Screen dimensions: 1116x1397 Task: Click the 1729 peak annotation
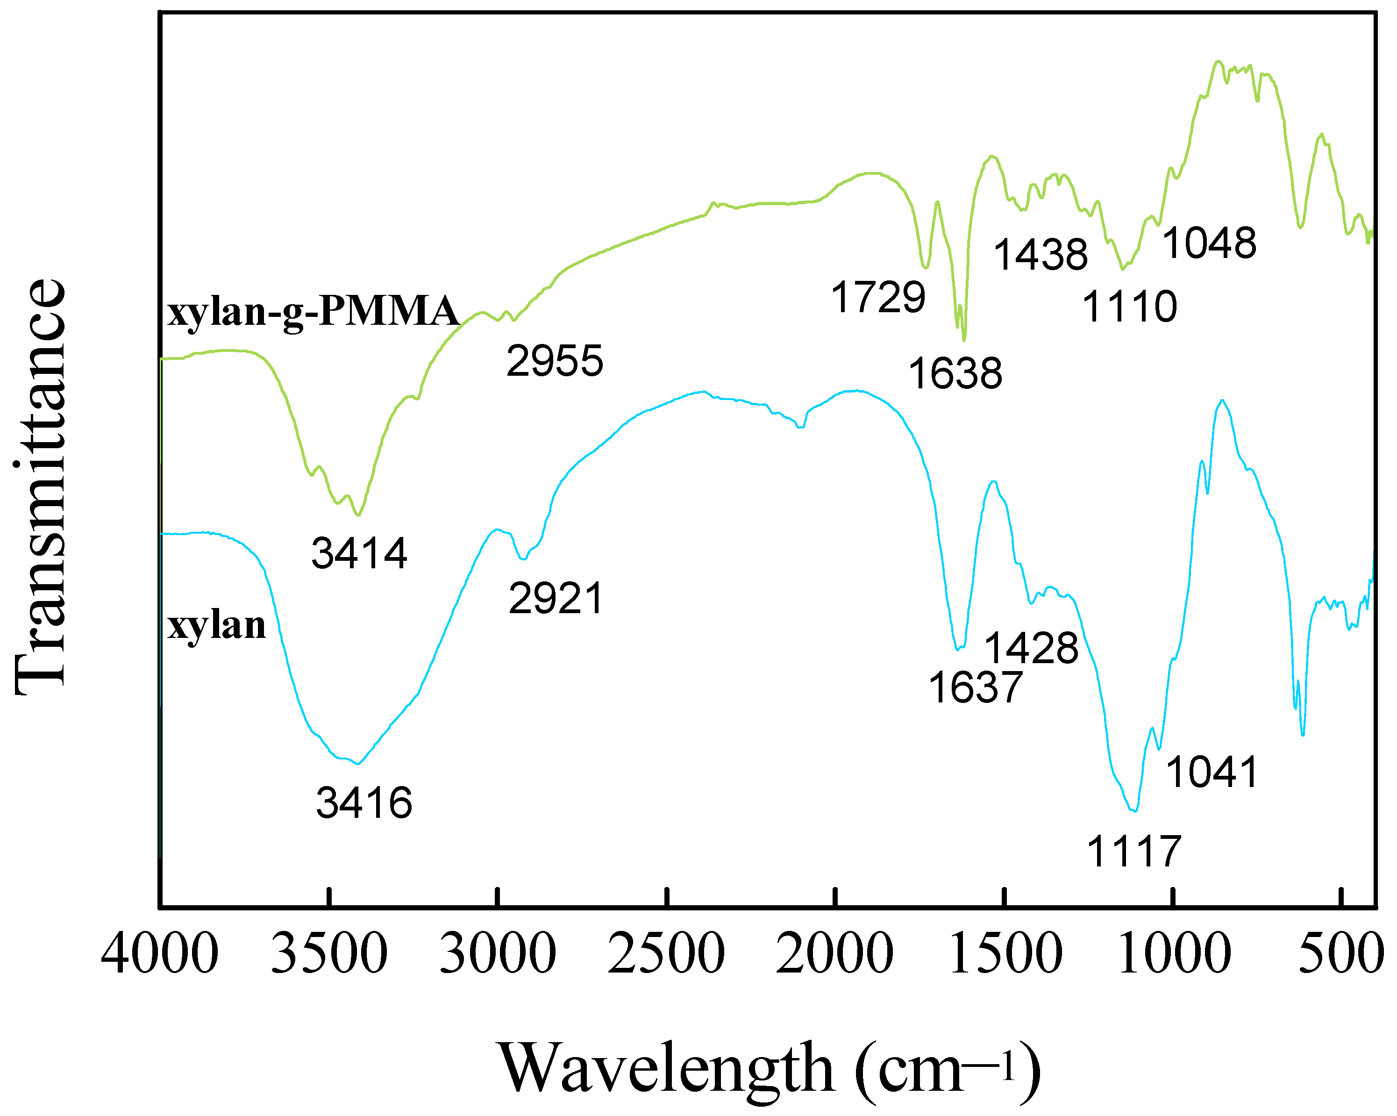[x=878, y=298]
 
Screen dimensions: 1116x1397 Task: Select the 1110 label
[x=1129, y=307]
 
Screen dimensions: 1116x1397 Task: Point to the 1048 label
[x=1209, y=243]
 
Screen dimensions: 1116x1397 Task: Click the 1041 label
[x=1212, y=773]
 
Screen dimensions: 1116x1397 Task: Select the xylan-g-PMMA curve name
[x=314, y=311]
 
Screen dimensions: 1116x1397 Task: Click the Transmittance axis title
[x=40, y=486]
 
